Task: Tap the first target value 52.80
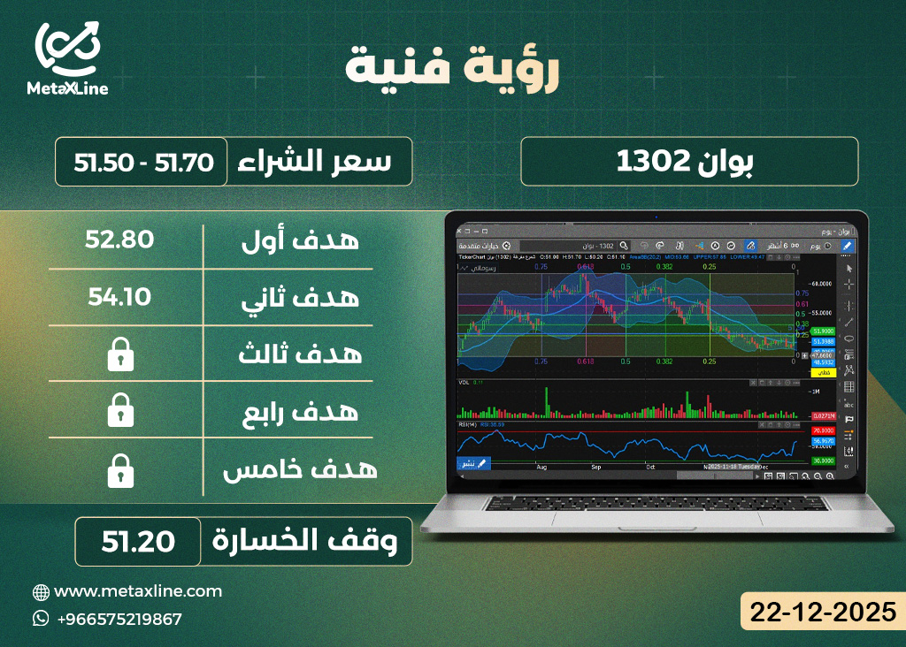(x=120, y=240)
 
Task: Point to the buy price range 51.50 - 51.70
(x=142, y=162)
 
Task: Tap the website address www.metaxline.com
(x=138, y=591)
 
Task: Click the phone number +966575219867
(x=119, y=619)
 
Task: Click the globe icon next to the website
(x=40, y=592)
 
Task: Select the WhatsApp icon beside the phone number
(x=40, y=619)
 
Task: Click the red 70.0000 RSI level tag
(x=823, y=430)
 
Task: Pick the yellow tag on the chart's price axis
(x=823, y=373)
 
